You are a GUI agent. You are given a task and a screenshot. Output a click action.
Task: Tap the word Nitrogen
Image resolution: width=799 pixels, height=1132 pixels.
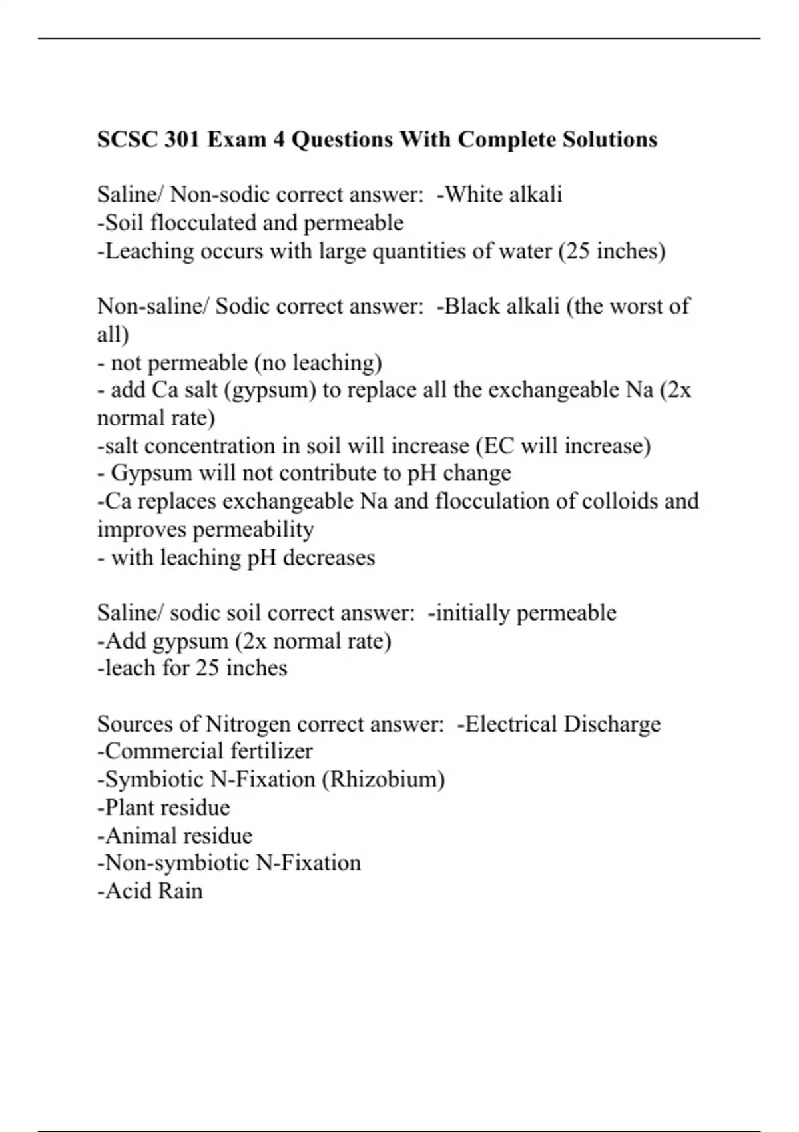tap(248, 724)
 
